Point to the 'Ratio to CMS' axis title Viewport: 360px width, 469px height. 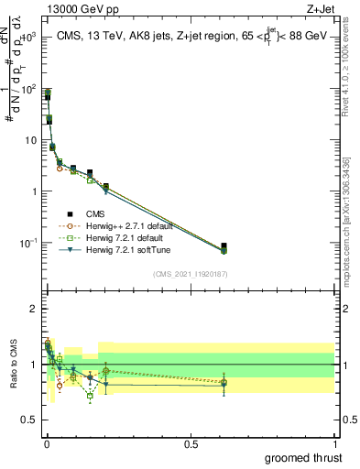[x=13, y=365]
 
